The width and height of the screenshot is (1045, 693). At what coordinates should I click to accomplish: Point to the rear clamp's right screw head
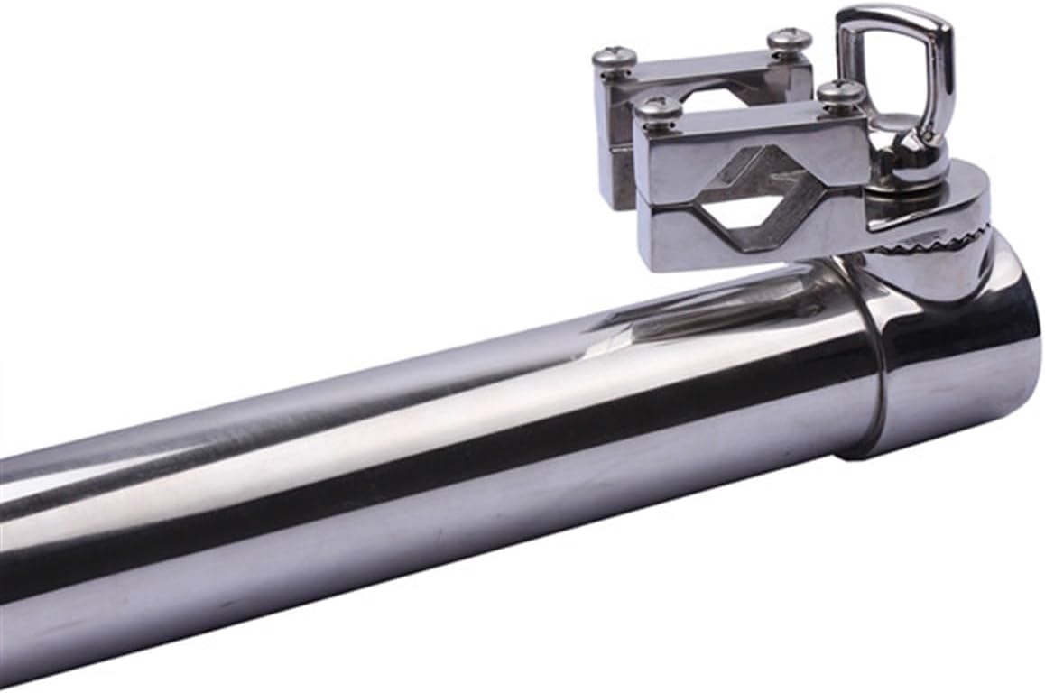[789, 41]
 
